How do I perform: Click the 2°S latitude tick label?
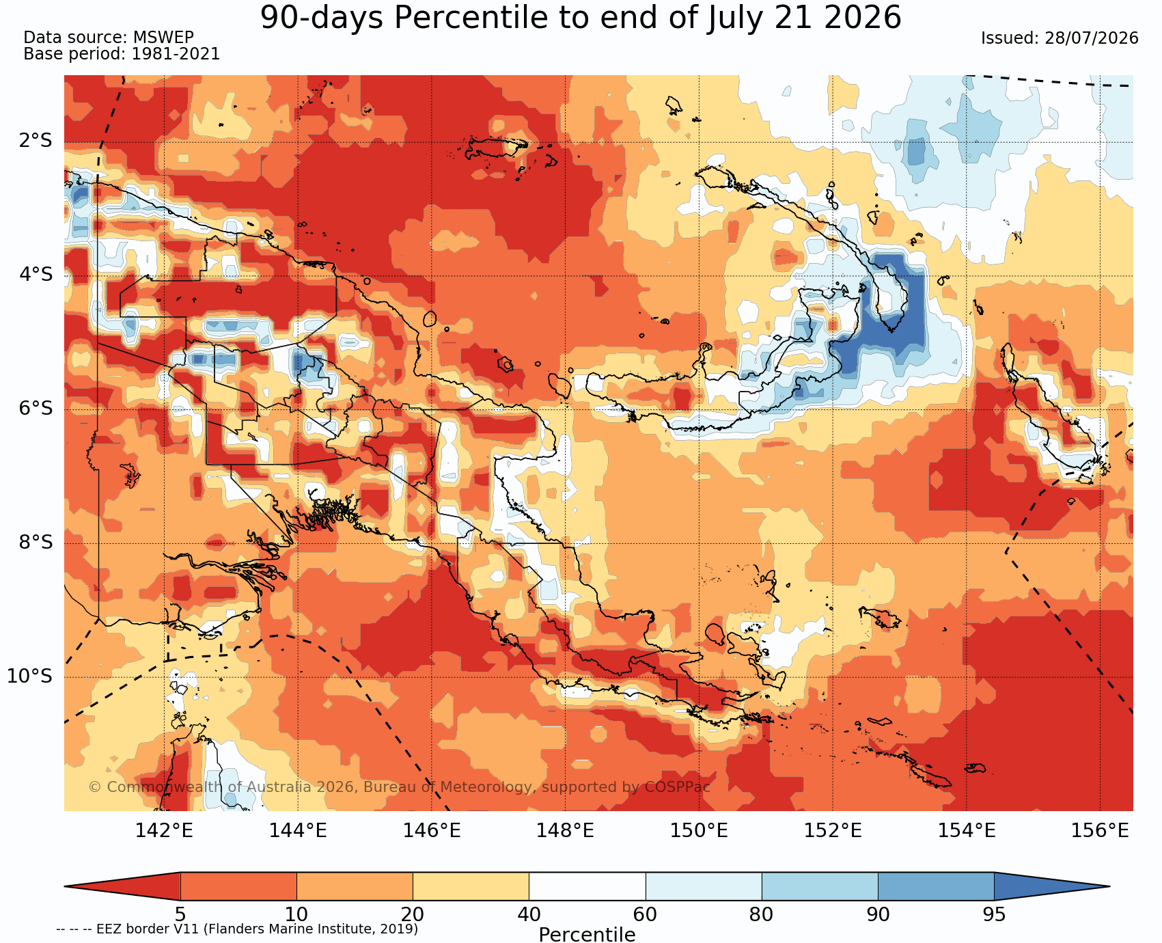35,141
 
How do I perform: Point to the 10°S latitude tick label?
30,676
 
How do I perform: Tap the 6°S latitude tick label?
35,409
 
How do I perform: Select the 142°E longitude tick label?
164,831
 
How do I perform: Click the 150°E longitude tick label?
699,831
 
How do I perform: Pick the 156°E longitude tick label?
1100,831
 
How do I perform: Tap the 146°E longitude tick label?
432,831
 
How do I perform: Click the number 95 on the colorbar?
994,914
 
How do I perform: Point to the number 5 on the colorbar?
180,914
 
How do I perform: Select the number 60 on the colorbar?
646,914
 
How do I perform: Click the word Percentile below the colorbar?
587,934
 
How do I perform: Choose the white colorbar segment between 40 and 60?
587,886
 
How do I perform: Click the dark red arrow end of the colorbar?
122,886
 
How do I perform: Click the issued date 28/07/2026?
1092,38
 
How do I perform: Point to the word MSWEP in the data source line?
163,38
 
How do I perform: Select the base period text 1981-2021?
176,54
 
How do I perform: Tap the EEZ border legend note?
237,929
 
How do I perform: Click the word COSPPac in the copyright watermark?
678,787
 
